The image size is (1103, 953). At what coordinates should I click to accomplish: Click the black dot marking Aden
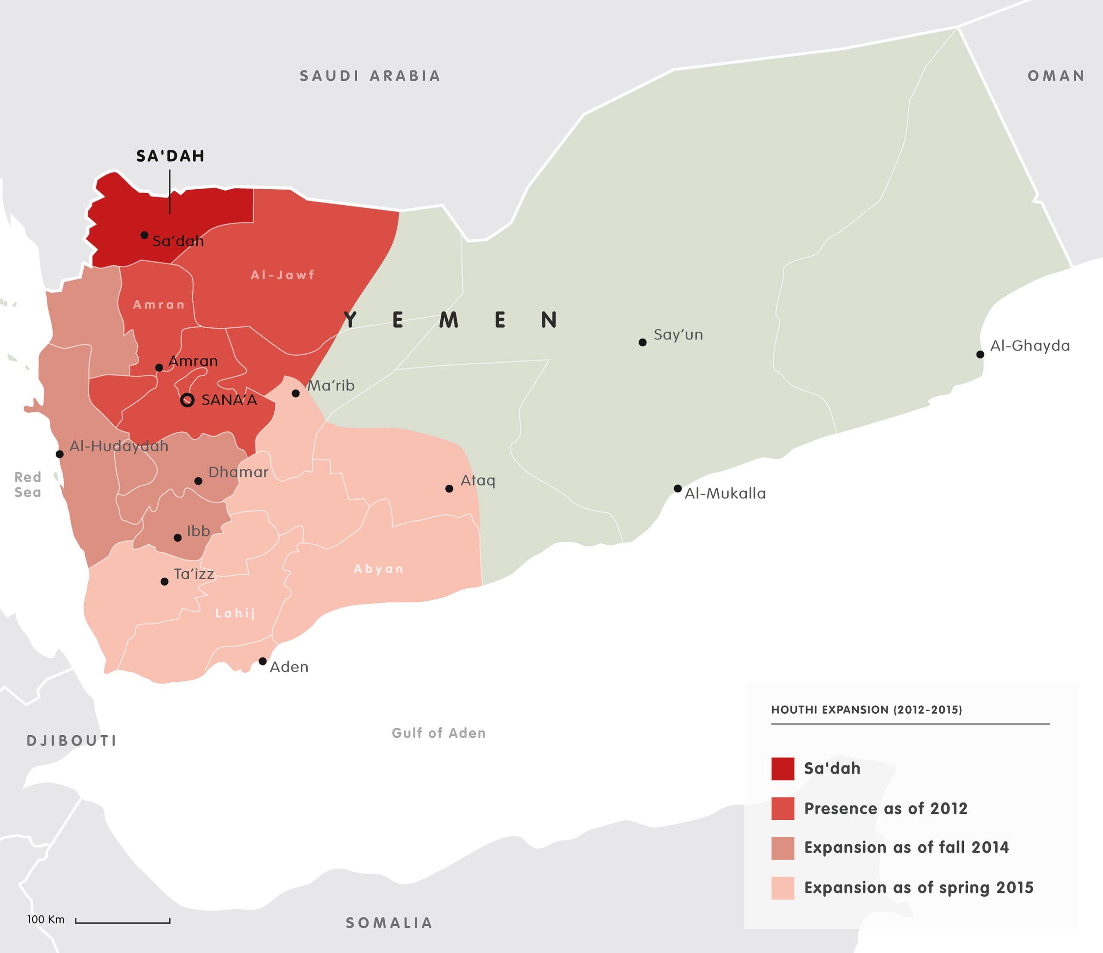click(262, 661)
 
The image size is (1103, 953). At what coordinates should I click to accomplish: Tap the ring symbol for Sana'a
click(187, 400)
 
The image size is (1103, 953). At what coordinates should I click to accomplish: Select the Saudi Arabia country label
click(370, 76)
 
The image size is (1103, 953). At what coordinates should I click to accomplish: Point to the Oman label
click(1056, 76)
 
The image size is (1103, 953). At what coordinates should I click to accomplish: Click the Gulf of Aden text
click(439, 733)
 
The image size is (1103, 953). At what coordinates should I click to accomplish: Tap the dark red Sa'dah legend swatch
click(782, 769)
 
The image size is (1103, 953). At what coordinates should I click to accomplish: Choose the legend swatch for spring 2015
click(782, 888)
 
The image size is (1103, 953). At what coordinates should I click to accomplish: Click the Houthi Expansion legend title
click(866, 709)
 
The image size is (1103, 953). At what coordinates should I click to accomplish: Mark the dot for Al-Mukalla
click(678, 489)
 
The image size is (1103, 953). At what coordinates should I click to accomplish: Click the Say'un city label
click(678, 335)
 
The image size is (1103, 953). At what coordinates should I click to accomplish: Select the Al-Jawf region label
click(283, 275)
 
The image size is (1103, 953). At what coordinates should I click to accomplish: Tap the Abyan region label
click(378, 569)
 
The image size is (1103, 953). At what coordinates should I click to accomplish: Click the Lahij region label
click(235, 613)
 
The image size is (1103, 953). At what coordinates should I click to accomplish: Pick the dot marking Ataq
click(449, 489)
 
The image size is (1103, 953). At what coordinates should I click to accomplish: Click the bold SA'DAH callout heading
click(170, 156)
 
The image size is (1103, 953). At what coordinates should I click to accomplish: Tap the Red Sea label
click(28, 484)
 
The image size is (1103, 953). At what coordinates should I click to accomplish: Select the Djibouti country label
click(72, 740)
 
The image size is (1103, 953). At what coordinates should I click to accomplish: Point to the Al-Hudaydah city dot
click(59, 454)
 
